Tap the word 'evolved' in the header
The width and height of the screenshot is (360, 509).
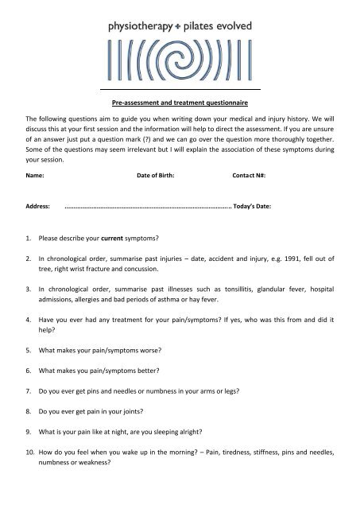pyautogui.click(x=231, y=25)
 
